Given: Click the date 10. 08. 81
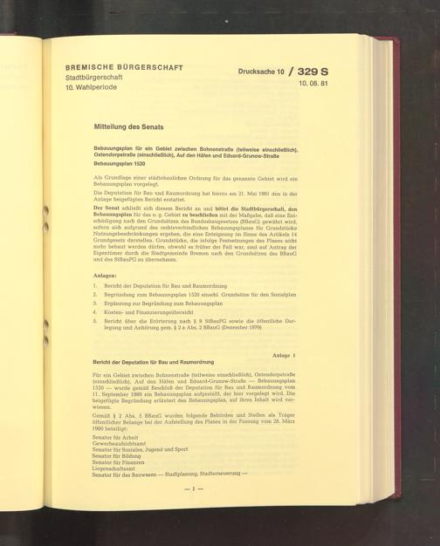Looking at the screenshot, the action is click(313, 84).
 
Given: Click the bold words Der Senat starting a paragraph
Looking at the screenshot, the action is click(107, 210).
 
